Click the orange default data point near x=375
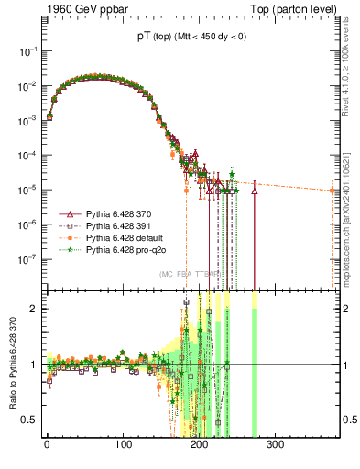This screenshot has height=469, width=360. coord(333,191)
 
